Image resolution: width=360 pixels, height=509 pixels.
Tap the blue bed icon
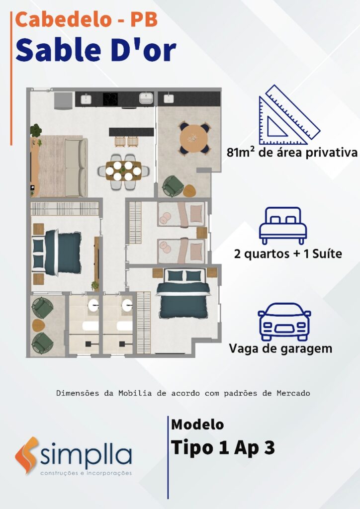(x=283, y=226)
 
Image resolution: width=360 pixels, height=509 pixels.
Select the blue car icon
(x=284, y=322)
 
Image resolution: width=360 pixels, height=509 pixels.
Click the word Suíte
(x=327, y=254)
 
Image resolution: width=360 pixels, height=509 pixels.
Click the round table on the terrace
(x=194, y=138)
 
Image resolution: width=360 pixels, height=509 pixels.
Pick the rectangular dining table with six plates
(x=123, y=171)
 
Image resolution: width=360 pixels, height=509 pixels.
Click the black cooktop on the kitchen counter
(x=110, y=99)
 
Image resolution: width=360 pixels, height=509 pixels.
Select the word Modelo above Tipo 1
(x=197, y=424)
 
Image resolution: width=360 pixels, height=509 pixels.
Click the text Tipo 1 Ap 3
(x=223, y=448)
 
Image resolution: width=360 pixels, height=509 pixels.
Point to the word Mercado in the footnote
(x=293, y=393)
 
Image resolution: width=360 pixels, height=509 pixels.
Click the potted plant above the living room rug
(x=36, y=130)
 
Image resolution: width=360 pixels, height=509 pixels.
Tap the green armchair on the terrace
(x=172, y=186)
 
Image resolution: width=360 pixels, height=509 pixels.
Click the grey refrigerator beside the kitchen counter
(x=63, y=100)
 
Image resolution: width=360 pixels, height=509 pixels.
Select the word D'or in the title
(x=144, y=50)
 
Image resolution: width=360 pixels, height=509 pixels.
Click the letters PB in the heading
(x=144, y=19)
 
